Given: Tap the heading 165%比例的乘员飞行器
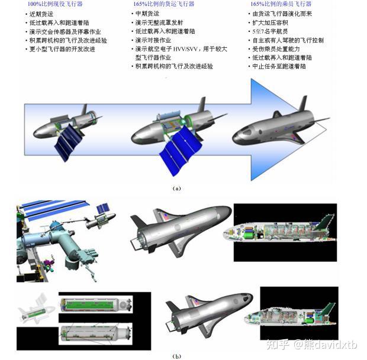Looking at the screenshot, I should [x=281, y=4].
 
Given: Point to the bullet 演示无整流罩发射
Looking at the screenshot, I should [x=162, y=22].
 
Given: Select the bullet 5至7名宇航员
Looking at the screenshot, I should [x=274, y=31].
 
